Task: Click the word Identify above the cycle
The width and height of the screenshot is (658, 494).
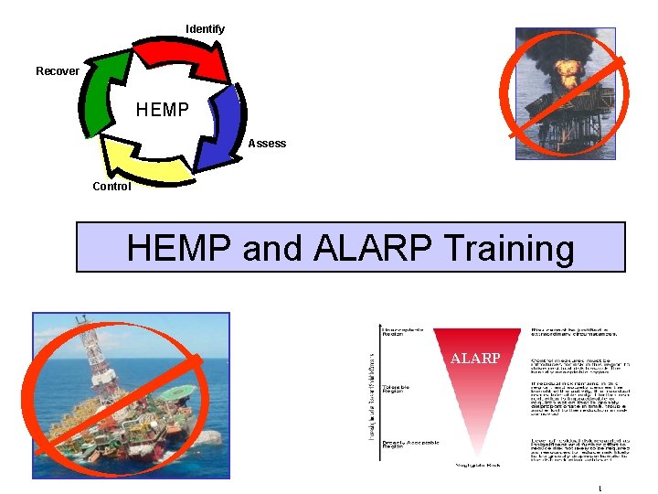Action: [205, 29]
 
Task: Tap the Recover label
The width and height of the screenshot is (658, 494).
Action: [58, 71]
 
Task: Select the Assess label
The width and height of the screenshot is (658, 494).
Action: [267, 144]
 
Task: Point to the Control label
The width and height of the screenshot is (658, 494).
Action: [111, 187]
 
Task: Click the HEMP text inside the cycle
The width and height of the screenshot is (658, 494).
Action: [163, 111]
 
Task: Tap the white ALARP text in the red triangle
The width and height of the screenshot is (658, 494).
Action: [475, 359]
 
